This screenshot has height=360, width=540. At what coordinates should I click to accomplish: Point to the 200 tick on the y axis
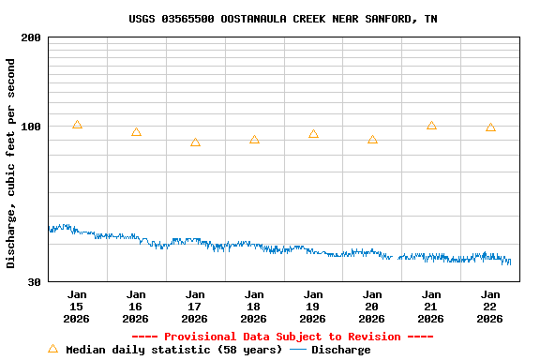tap(31, 37)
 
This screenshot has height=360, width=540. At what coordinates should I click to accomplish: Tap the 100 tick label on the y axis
tap(31, 127)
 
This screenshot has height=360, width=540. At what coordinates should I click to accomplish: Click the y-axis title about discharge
tap(11, 163)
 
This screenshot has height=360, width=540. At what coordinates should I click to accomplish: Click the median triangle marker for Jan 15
tap(77, 125)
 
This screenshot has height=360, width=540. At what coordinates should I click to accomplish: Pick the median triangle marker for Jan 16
tap(136, 132)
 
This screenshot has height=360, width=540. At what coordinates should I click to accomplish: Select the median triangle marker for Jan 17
tap(195, 142)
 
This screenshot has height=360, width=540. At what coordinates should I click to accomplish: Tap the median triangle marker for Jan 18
tap(254, 140)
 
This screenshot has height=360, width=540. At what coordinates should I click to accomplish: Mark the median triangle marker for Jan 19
tap(313, 134)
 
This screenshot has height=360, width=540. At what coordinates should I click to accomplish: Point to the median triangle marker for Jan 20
tap(372, 140)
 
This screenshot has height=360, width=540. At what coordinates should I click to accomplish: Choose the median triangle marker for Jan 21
tap(431, 126)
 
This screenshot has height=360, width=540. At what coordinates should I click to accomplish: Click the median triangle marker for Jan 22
tap(490, 127)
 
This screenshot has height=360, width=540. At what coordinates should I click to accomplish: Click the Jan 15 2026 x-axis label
tap(77, 307)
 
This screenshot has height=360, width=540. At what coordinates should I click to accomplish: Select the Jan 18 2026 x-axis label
tap(254, 307)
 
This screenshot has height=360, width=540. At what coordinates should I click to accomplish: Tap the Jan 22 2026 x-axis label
tap(490, 307)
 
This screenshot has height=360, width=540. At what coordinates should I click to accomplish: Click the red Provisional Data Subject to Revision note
tap(282, 337)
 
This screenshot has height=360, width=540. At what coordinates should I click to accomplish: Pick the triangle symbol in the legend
tap(52, 349)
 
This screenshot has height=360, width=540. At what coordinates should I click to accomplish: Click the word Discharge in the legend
tap(340, 350)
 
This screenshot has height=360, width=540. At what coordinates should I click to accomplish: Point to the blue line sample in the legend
tap(298, 350)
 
